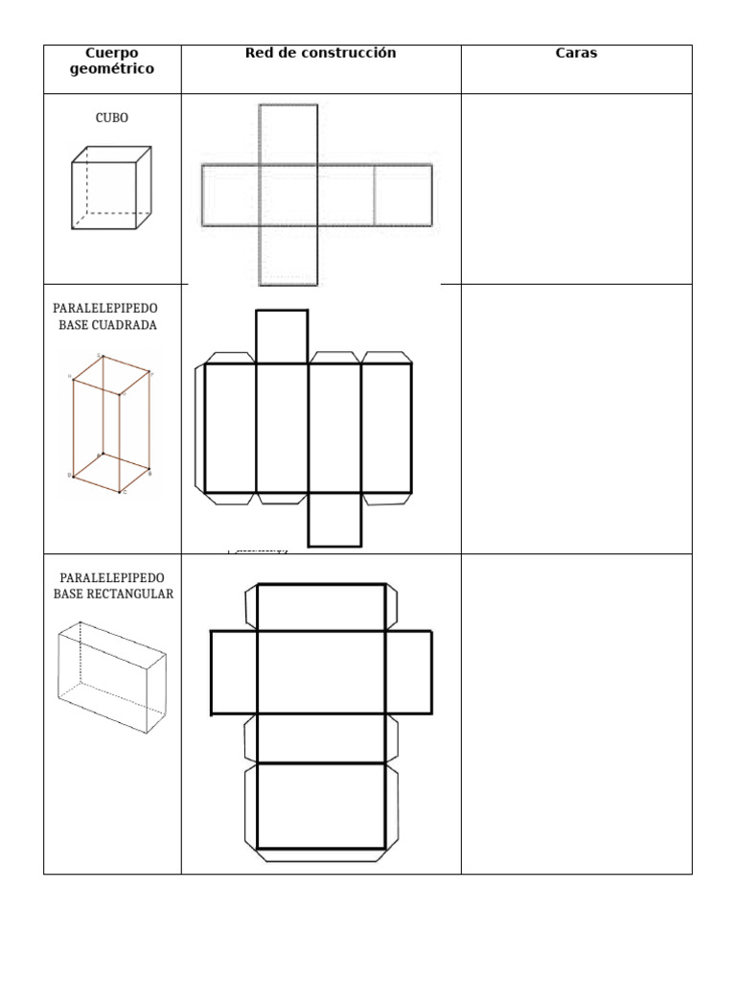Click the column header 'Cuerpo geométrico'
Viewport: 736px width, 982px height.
click(x=112, y=60)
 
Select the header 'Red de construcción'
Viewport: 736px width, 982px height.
click(x=320, y=54)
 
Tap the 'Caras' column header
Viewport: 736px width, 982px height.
click(x=576, y=54)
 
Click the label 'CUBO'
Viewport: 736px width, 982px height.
click(x=112, y=118)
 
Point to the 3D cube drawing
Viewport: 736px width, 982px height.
click(x=111, y=188)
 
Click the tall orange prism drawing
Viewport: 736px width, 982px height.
click(x=111, y=425)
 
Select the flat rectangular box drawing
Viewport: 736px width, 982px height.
click(x=112, y=677)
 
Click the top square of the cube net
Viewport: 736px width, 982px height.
click(x=288, y=134)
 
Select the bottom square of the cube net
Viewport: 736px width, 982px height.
click(x=288, y=255)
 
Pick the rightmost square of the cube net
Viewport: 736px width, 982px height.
click(x=403, y=195)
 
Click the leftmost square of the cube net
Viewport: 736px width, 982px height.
click(x=231, y=195)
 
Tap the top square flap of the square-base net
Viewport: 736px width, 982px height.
click(x=282, y=337)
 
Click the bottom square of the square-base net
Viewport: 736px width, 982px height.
click(x=334, y=520)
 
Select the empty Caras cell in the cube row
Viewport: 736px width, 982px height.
click(x=576, y=189)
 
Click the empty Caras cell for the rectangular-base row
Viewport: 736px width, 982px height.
click(x=576, y=713)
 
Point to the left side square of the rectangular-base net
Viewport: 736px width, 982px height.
click(x=234, y=672)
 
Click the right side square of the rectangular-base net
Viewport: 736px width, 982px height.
click(x=408, y=672)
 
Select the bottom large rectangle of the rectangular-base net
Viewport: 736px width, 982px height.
click(x=321, y=806)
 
